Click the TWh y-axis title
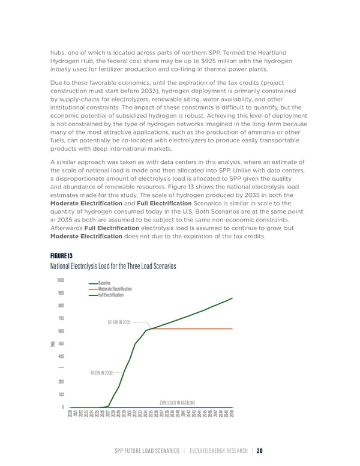coord(54,343)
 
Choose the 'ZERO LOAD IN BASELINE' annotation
coord(181,402)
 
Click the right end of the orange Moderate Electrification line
coord(232,328)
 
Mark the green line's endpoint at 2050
coord(232,298)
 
